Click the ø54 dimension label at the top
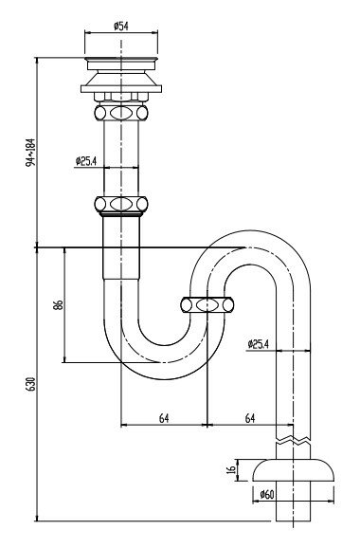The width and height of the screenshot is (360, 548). (x=121, y=26)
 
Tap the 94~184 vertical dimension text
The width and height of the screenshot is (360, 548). (x=30, y=152)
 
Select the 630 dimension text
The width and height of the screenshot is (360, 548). (x=30, y=384)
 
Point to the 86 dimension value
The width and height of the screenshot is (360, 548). (x=59, y=304)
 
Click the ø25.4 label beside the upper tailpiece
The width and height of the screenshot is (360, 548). (x=86, y=161)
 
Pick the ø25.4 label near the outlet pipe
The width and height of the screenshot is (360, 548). (x=258, y=344)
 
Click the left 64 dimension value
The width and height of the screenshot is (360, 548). (x=164, y=418)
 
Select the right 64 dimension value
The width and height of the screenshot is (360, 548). (x=250, y=418)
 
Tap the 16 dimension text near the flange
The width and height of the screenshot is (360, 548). (x=231, y=469)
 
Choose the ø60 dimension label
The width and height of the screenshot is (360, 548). (x=267, y=495)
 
